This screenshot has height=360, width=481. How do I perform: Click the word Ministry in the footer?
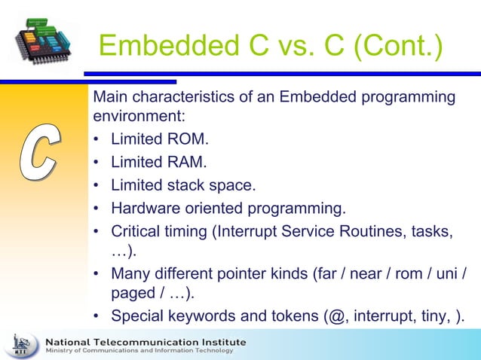click(x=60, y=352)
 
